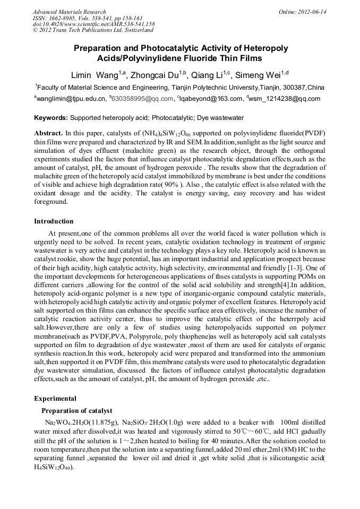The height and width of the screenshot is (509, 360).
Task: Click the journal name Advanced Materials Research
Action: tap(69, 11)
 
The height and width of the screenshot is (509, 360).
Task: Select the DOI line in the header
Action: tap(93, 24)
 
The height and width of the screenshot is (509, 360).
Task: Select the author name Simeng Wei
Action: tap(259, 75)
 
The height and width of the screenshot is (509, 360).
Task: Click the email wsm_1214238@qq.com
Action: tap(285, 99)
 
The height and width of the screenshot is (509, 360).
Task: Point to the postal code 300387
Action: tap(294, 87)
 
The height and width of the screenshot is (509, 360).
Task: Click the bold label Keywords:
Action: tap(51, 117)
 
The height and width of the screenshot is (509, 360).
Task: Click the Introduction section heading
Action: tap(54, 221)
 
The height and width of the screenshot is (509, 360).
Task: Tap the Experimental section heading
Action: tap(55, 398)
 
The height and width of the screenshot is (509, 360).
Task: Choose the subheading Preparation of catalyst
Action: tap(77, 410)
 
